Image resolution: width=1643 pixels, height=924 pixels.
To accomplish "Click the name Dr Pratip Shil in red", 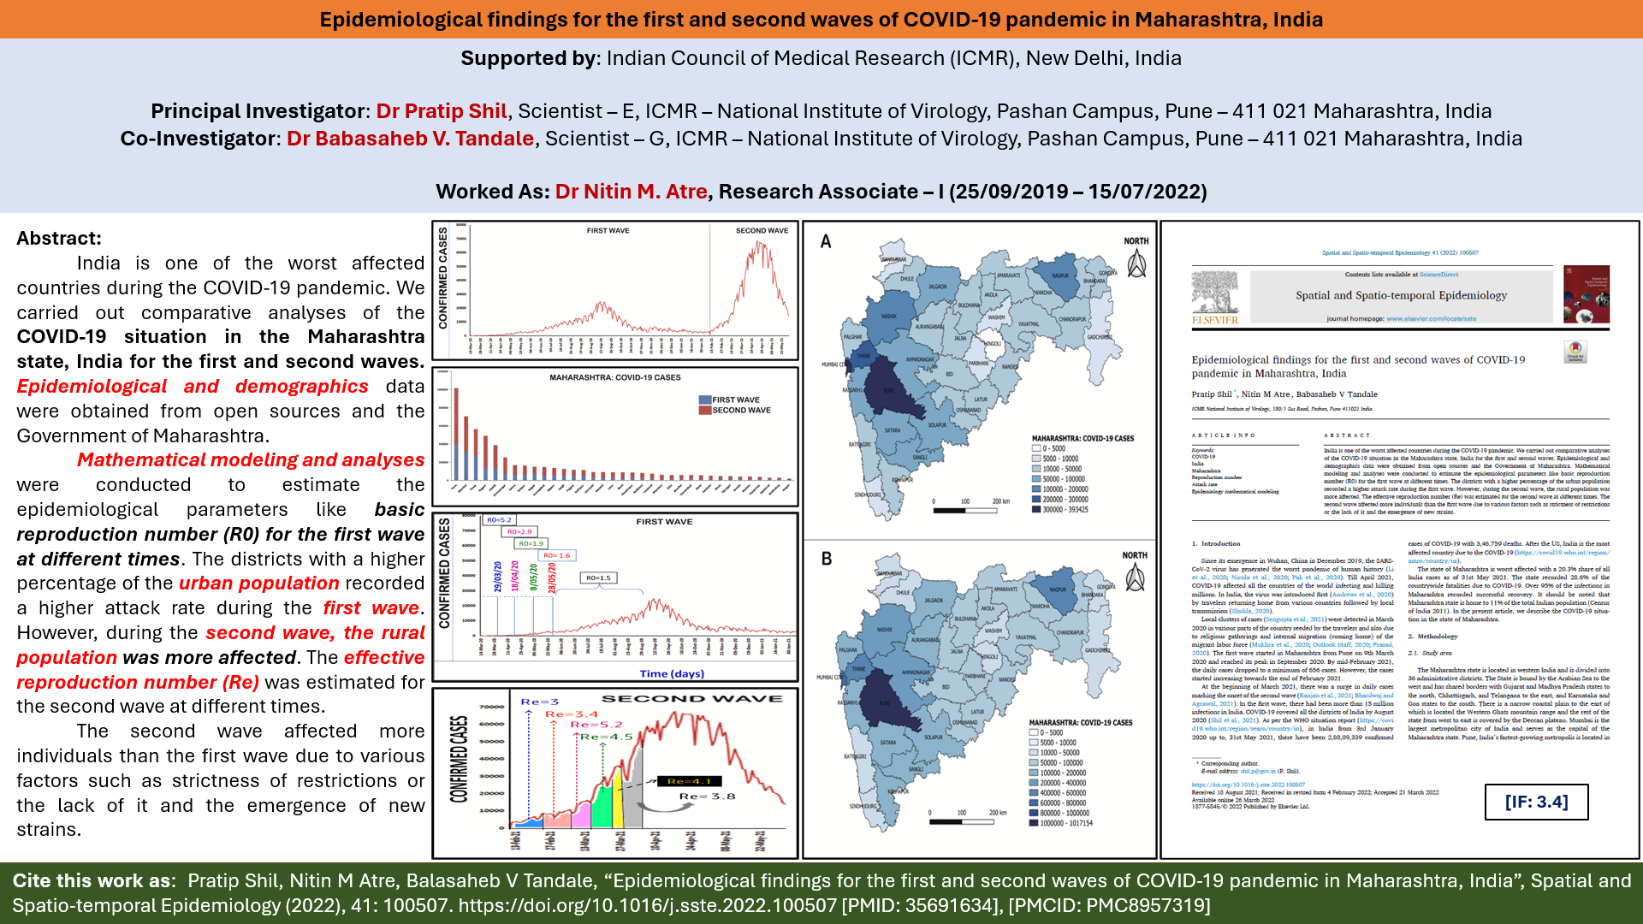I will click(442, 111).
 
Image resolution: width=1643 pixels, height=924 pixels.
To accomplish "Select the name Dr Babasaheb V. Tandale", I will click(410, 139).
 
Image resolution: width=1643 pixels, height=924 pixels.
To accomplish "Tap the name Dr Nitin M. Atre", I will click(631, 192).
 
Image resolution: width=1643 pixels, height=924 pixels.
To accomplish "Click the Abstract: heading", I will click(59, 239).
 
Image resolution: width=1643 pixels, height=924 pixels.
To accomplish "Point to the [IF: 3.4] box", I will click(1536, 802).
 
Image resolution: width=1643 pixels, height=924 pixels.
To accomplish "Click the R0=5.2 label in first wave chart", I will click(499, 520).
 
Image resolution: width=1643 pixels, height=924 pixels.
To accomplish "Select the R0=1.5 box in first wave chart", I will click(598, 578).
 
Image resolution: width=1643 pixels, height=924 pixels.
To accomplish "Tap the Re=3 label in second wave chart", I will click(539, 702).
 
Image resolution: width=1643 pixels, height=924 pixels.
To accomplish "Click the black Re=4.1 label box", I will click(690, 781).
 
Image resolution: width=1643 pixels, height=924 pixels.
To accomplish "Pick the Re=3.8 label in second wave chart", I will click(707, 797).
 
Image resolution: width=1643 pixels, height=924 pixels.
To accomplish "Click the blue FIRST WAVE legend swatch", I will click(705, 400).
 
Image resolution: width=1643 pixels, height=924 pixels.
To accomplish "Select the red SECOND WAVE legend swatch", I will click(705, 411).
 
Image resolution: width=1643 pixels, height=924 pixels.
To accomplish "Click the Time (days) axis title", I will click(672, 674).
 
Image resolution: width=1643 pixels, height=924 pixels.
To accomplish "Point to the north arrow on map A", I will click(1136, 265).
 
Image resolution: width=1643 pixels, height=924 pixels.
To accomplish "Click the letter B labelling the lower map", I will click(827, 559).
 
